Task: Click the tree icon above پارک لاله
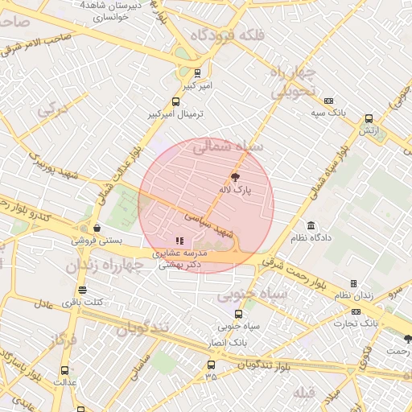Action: pyautogui.click(x=236, y=176)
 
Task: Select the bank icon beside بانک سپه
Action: pyautogui.click(x=328, y=101)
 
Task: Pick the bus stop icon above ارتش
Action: pyautogui.click(x=369, y=118)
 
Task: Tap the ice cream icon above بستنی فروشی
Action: pyautogui.click(x=97, y=228)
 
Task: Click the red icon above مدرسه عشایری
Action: pyautogui.click(x=179, y=241)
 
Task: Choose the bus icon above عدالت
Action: pyautogui.click(x=65, y=370)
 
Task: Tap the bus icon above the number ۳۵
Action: pyautogui.click(x=211, y=365)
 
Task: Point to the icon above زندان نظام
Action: pyautogui.click(x=353, y=283)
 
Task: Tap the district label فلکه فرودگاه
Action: pyautogui.click(x=218, y=36)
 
